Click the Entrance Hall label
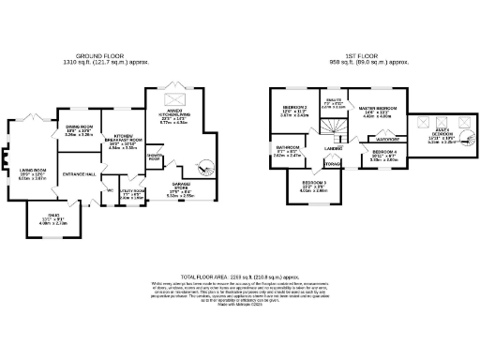click(79, 175)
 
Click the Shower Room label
click(154, 158)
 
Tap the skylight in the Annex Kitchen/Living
click(174, 98)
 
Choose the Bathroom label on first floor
click(287, 150)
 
